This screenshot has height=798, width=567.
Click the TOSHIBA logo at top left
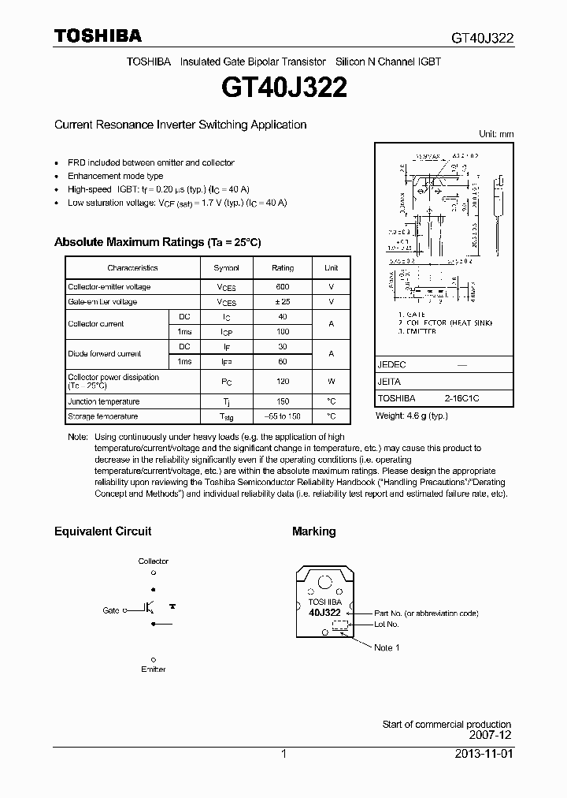pos(98,35)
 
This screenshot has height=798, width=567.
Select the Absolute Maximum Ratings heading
pos(157,242)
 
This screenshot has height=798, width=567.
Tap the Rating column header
pos(283,268)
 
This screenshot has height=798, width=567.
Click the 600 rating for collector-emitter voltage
pos(283,287)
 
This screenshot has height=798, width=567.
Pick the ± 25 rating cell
pos(283,302)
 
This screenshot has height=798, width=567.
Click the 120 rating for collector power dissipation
pos(283,382)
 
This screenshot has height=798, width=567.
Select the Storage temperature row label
pos(102,416)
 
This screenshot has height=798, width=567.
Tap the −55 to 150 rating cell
pos(283,416)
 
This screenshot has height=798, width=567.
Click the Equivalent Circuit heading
pos(102,531)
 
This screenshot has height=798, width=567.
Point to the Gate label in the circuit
pos(111,610)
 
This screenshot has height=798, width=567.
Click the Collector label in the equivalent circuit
pos(154,561)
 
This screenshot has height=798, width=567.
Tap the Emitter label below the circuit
pos(154,669)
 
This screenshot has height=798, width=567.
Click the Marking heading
pos(313,531)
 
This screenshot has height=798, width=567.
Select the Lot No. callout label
pos(387,625)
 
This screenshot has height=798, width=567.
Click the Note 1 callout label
pos(387,647)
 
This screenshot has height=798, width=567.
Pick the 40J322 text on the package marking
pos(324,612)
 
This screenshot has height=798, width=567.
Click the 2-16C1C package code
pos(461,399)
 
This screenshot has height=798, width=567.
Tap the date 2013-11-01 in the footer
pos(483,754)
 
